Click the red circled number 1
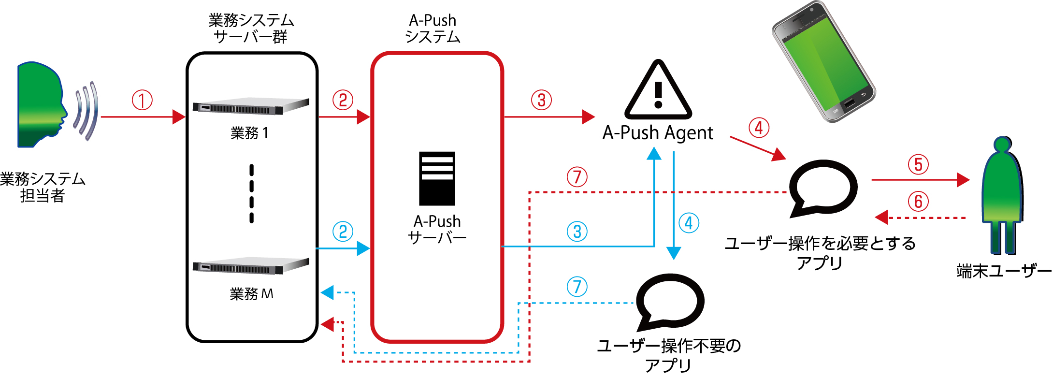pos(142,100)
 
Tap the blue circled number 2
pos(343,232)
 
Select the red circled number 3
pos(541,100)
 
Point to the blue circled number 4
pos(689,223)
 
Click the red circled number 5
pos(918,164)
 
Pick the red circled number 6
pos(918,202)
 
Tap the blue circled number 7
pos(577,287)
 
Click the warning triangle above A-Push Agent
pos(658,92)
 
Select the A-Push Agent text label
pos(658,133)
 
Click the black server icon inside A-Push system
pos(437,178)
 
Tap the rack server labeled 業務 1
pos(250,107)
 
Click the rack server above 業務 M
pos(250,266)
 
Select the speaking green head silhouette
pos(41,104)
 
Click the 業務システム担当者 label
pos(43,187)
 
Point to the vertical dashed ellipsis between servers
pos(251,193)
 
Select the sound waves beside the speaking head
pos(87,111)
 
